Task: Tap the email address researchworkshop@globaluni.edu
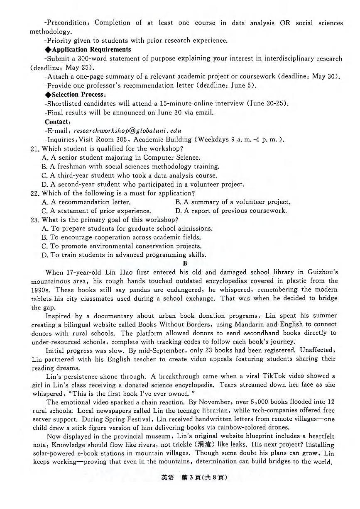click(x=127, y=131)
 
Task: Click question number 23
click(x=35, y=220)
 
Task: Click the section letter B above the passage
click(x=185, y=263)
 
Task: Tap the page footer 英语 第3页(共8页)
click(x=193, y=477)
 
